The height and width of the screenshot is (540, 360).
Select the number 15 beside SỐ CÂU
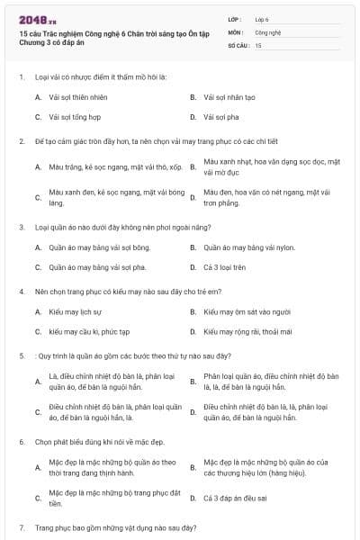[258, 44]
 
